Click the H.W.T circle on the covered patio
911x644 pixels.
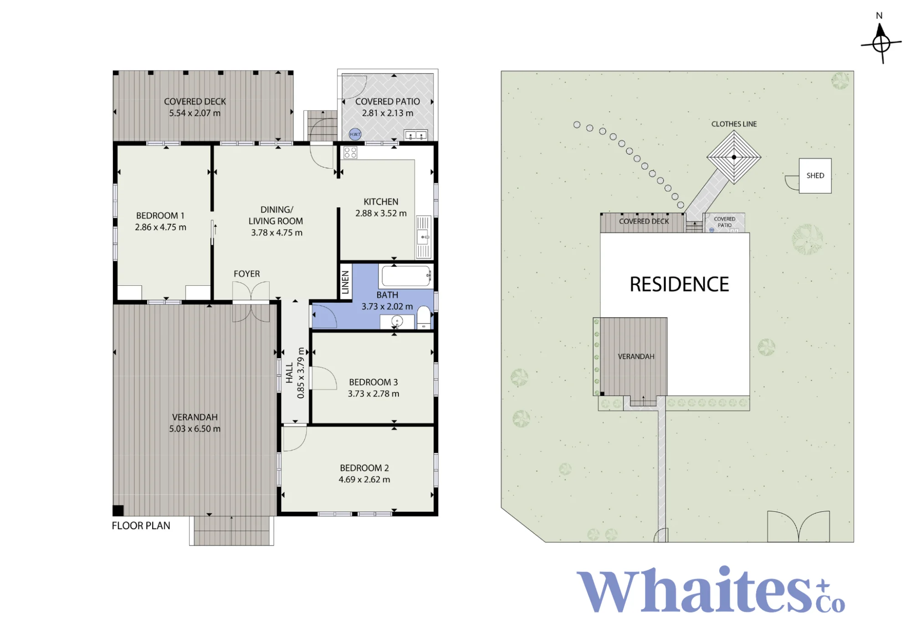pos(355,134)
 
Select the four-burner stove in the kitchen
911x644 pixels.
pos(350,152)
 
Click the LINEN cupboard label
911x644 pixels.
pos(345,282)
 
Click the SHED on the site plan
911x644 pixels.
pos(815,175)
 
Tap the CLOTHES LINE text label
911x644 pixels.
pos(734,124)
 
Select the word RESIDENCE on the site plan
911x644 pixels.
pos(679,284)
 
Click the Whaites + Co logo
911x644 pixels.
pos(711,590)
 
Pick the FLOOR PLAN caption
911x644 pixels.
pos(141,526)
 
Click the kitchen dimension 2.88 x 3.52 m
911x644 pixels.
pos(381,213)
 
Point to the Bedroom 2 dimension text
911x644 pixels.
pos(364,479)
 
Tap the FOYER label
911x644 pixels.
pos(247,273)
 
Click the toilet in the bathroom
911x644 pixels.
pos(424,317)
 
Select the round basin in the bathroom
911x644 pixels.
pos(397,321)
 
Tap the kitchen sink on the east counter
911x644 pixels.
pos(423,237)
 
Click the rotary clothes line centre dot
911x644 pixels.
pos(734,157)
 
